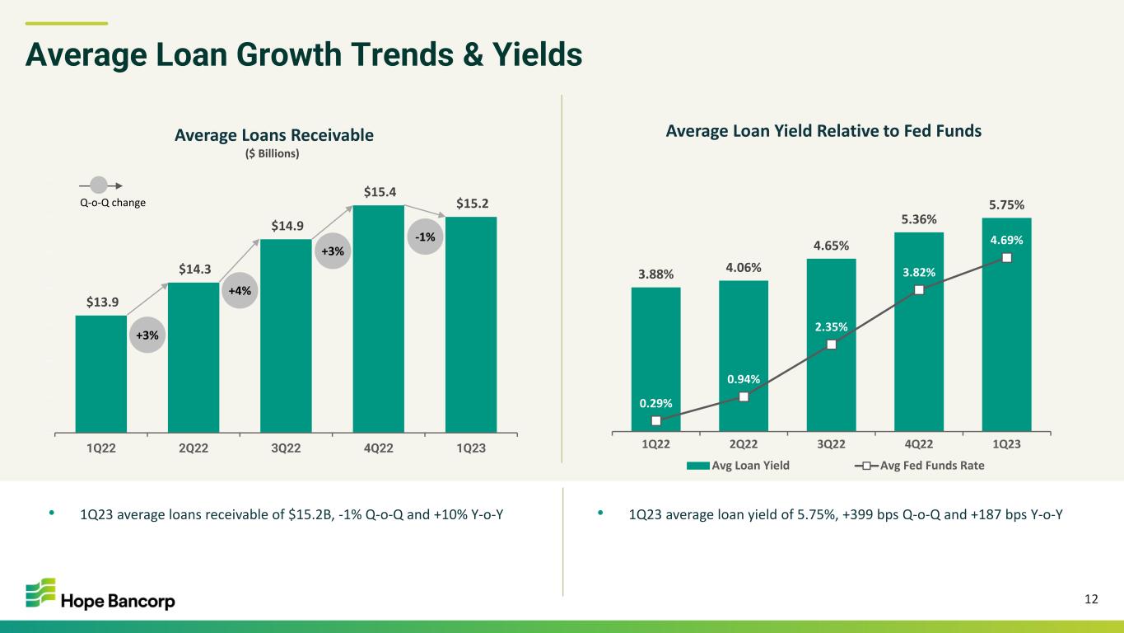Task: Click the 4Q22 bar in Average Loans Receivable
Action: coord(378,318)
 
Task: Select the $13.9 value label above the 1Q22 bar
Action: coord(102,302)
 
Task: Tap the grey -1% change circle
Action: coord(425,237)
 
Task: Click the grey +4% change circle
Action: coord(240,290)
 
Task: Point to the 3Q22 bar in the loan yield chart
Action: coord(831,345)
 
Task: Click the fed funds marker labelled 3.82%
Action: coord(919,290)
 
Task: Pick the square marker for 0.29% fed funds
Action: coord(655,420)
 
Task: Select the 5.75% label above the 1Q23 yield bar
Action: coord(1006,205)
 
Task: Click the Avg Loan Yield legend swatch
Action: coord(698,467)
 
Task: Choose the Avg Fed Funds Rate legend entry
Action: coord(919,466)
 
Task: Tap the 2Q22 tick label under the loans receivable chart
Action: coord(194,448)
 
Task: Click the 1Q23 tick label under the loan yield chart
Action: coord(1006,444)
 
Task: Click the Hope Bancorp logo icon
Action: coord(40,593)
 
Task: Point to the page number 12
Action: coord(1091,599)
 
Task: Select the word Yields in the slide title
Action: coord(538,54)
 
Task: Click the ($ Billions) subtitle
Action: coord(272,154)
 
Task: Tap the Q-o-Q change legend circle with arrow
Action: coord(100,185)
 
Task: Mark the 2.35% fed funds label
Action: coord(831,327)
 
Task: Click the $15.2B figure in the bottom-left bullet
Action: coord(311,514)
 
